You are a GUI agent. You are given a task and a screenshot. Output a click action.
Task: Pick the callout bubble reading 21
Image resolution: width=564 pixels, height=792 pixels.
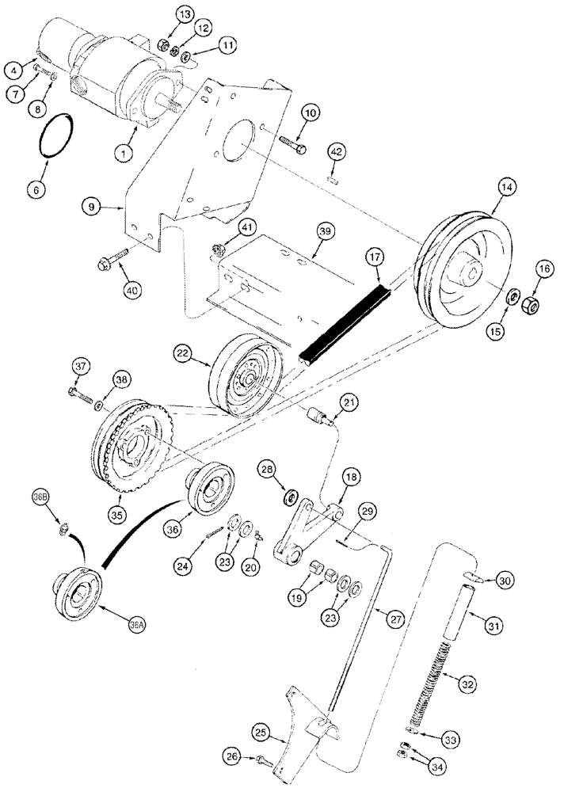(349, 405)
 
